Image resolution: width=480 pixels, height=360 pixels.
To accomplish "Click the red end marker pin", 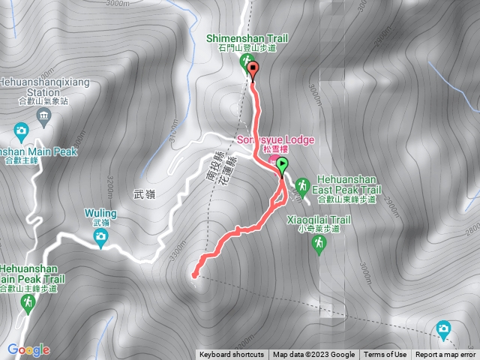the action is click(252, 70).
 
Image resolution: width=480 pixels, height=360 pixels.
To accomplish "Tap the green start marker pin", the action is click(282, 165).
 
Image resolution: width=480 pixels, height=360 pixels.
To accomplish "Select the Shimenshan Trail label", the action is click(247, 39).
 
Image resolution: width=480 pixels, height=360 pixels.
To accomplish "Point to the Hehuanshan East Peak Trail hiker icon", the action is click(302, 184).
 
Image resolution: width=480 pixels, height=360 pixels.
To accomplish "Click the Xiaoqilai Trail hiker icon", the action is click(320, 242).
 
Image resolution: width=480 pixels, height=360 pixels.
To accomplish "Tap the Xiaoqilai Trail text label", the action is click(319, 220).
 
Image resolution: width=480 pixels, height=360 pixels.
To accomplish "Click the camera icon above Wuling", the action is click(100, 238).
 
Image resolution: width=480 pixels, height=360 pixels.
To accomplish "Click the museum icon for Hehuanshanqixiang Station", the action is click(43, 115).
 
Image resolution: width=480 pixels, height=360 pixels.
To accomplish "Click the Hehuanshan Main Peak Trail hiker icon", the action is click(28, 302).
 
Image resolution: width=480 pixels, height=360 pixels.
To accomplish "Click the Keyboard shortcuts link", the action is click(231, 355).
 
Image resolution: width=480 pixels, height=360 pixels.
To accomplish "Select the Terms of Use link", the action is click(385, 355).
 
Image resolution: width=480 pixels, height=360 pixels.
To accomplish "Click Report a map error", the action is click(445, 355).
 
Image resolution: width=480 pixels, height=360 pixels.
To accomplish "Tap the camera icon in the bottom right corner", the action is click(443, 328).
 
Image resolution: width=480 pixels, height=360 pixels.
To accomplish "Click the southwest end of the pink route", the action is click(195, 274).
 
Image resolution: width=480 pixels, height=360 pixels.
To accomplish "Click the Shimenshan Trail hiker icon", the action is click(245, 62).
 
